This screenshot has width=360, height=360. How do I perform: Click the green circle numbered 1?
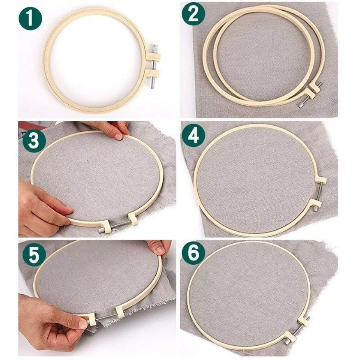30,18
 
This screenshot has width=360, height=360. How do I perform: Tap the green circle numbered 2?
193,14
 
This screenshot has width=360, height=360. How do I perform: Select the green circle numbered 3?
34,140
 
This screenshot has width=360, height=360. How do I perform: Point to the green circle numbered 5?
34,255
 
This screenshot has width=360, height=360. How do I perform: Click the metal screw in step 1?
153,66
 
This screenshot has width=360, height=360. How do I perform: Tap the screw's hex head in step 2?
300,104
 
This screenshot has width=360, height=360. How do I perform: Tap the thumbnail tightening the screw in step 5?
83,324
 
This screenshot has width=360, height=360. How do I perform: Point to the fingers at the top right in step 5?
158,247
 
